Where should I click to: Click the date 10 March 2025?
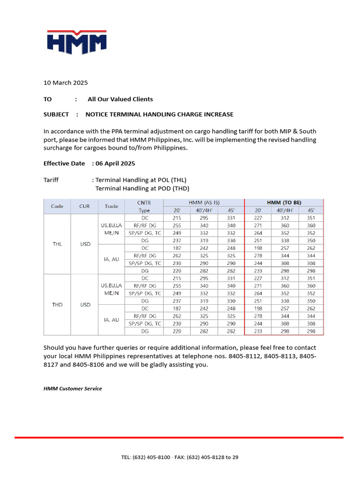[x=66, y=83]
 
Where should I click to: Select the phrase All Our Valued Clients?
[x=120, y=99]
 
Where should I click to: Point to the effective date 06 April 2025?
[x=115, y=164]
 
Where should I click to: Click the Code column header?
[x=57, y=206]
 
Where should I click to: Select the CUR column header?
[x=84, y=206]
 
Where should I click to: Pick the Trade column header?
[x=112, y=206]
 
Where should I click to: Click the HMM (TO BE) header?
[x=284, y=202]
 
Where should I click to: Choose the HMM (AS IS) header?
[x=204, y=202]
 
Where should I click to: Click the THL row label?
[x=57, y=244]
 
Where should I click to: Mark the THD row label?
[x=57, y=305]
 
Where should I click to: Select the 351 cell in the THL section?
[x=311, y=218]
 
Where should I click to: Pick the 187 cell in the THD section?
[x=177, y=309]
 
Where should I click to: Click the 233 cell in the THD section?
[x=258, y=331]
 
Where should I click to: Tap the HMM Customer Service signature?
[x=73, y=389]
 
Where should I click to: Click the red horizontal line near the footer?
[x=179, y=437]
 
